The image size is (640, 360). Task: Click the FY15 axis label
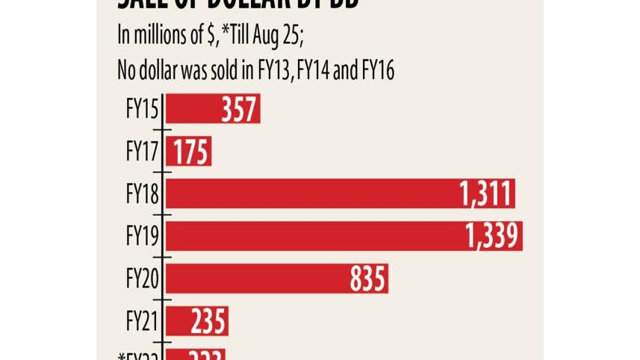coord(142,110)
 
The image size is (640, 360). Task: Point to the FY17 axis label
coord(142,152)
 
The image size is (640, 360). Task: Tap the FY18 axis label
coord(142,195)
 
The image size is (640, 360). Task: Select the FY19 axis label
coord(142,238)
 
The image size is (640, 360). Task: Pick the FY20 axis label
coord(142,280)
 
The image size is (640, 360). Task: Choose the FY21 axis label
coord(142,323)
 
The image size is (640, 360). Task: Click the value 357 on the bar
coord(239,110)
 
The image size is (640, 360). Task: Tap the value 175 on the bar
coord(191,152)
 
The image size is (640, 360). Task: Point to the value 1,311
coord(486,195)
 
